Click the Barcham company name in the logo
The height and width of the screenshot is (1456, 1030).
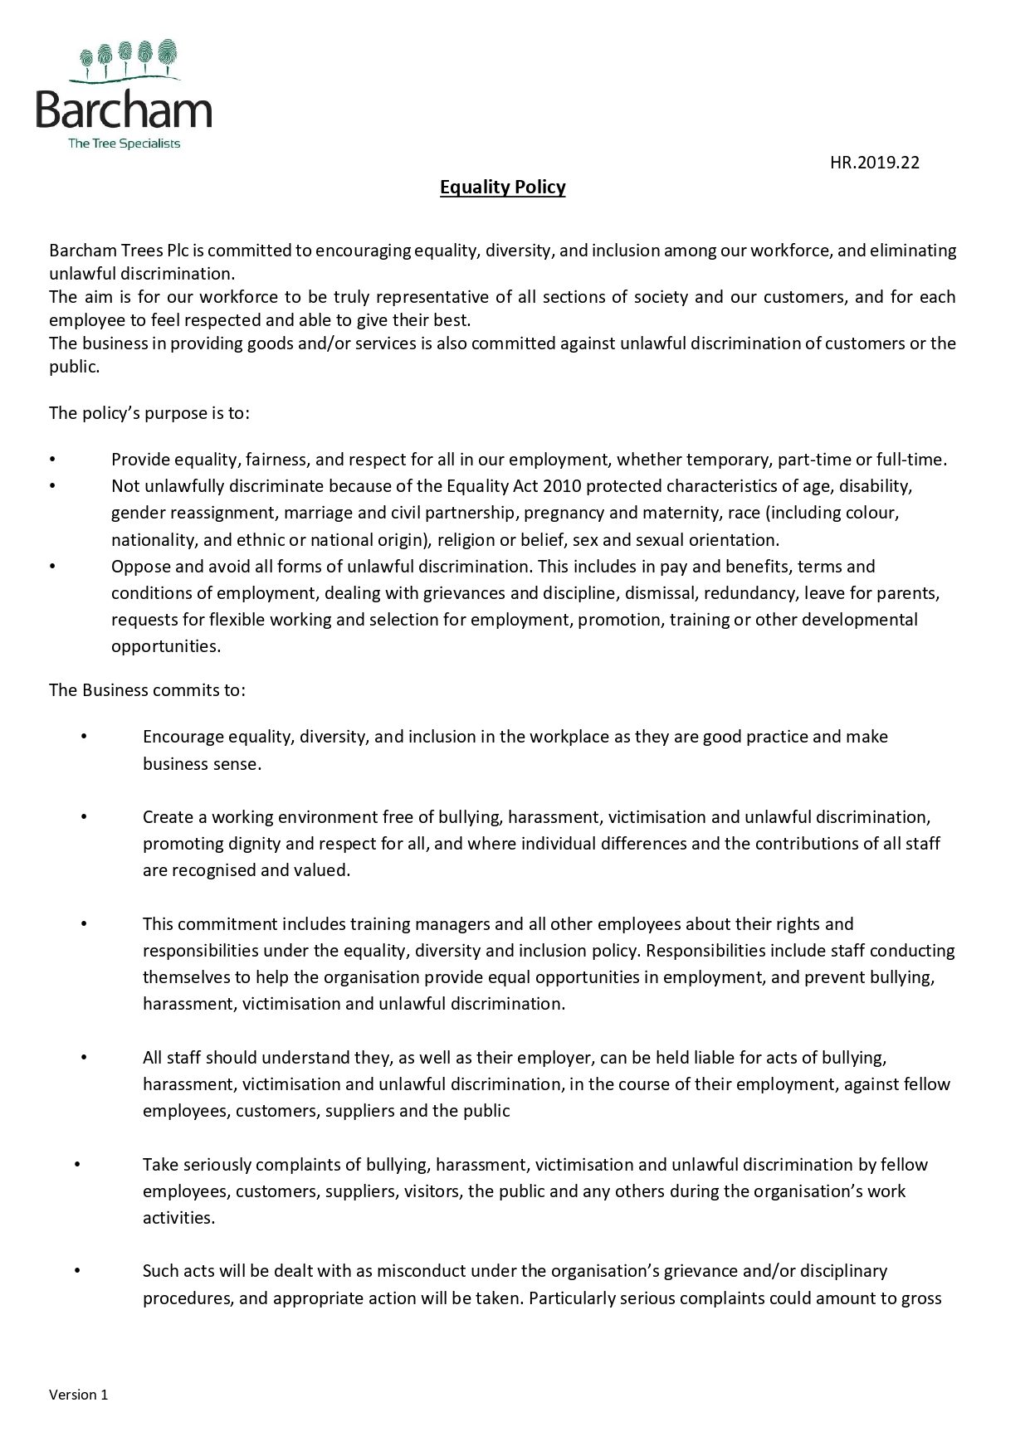(x=124, y=110)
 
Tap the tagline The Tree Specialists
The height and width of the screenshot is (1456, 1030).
(x=124, y=144)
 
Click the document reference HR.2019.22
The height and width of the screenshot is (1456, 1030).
(x=874, y=163)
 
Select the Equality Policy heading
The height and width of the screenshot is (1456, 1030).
(x=502, y=187)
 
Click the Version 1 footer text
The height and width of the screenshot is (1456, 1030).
(x=78, y=1395)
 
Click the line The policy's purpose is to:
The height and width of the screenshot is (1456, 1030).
(x=149, y=412)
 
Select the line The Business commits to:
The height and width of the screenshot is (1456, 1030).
(x=147, y=689)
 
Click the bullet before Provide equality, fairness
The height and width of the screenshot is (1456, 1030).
(x=51, y=460)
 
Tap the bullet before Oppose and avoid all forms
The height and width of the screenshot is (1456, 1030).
(x=51, y=567)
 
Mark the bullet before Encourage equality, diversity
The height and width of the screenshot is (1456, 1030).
(x=83, y=737)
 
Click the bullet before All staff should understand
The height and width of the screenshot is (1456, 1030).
(x=83, y=1058)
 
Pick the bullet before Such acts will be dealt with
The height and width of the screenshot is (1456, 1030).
(x=76, y=1271)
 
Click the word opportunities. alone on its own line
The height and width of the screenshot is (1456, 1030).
(x=166, y=646)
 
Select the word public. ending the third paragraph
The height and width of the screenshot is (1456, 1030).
(x=74, y=367)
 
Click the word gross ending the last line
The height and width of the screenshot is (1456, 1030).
(x=921, y=1298)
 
